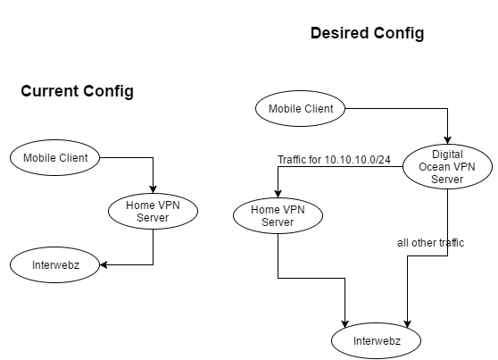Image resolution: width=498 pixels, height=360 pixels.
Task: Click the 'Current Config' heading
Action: [77, 91]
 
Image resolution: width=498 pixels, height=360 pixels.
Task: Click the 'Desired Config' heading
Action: [367, 33]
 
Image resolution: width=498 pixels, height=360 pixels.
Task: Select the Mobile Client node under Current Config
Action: [55, 158]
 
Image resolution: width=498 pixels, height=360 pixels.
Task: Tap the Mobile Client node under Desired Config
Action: [301, 109]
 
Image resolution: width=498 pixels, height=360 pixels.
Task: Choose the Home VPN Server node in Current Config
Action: [153, 212]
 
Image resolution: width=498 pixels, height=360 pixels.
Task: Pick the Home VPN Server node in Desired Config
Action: [278, 215]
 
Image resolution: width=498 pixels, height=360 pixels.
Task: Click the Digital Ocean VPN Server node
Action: [446, 167]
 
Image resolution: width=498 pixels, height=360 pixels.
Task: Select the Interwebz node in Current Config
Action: [55, 265]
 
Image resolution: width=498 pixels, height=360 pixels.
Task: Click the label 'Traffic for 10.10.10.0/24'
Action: [334, 159]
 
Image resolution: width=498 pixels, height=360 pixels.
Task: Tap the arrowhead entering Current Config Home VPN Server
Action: [154, 190]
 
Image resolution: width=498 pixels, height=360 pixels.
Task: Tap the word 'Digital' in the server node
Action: [446, 155]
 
